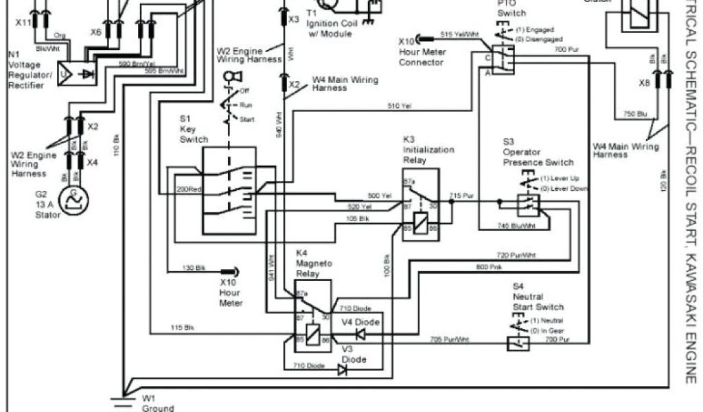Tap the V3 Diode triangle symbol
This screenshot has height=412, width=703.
342,369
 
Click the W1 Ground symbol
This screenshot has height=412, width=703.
122,397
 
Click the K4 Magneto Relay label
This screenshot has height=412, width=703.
312,264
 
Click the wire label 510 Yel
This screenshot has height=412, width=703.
400,106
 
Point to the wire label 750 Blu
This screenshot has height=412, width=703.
635,114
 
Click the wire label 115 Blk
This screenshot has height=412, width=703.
182,327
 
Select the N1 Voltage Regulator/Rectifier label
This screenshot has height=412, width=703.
26,69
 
